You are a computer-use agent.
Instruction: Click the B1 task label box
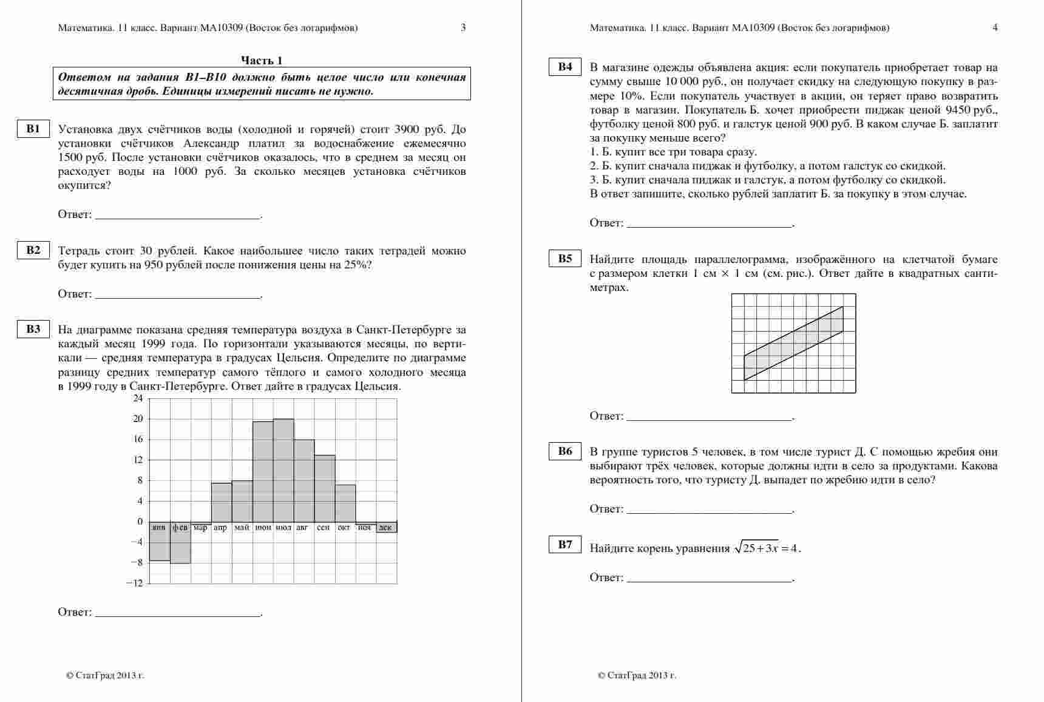tap(33, 129)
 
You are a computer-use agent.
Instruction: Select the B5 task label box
tap(565, 259)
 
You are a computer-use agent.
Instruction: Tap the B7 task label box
tap(565, 545)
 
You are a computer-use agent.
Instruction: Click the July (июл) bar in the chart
tap(283, 470)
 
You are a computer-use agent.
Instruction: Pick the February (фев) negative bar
tap(180, 543)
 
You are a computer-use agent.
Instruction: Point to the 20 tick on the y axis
tap(138, 419)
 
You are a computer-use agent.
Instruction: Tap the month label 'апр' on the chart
tap(220, 528)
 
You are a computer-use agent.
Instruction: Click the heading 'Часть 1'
tap(262, 60)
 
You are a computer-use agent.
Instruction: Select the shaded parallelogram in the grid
tap(793, 343)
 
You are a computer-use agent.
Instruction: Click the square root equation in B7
tap(767, 548)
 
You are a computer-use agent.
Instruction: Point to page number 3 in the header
tap(463, 27)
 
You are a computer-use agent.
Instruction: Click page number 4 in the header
tap(995, 27)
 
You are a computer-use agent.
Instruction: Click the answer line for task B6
tap(710, 513)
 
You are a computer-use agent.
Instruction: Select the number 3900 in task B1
tap(406, 129)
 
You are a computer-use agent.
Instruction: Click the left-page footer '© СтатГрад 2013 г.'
tap(105, 675)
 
